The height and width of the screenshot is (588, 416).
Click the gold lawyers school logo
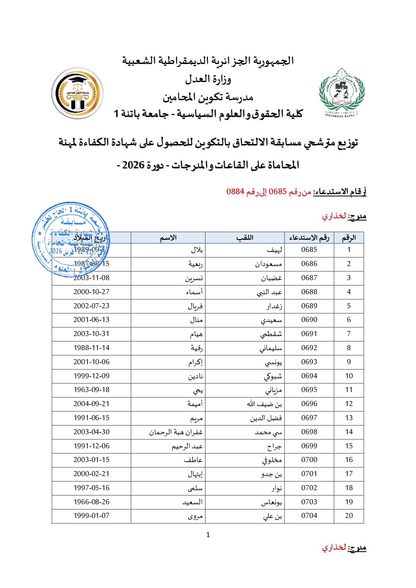(77, 93)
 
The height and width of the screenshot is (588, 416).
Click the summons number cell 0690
(309, 320)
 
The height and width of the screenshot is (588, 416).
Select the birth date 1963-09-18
(92, 390)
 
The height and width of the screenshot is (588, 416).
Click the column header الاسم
(168, 238)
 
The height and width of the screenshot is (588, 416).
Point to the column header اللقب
(245, 238)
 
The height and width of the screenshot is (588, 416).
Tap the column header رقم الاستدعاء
(309, 238)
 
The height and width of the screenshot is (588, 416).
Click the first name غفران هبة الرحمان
(176, 432)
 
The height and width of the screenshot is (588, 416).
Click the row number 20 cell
(349, 516)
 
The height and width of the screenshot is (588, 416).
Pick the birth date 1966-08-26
(92, 502)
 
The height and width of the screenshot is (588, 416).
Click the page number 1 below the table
(208, 535)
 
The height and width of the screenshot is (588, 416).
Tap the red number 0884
(235, 192)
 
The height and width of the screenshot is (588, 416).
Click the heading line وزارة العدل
(208, 79)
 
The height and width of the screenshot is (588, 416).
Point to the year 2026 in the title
(133, 165)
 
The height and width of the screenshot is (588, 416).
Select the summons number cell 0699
(309, 446)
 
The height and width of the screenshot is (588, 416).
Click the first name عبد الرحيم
(187, 446)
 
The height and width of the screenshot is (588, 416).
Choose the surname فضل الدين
(266, 418)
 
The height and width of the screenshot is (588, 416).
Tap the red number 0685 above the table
(278, 192)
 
